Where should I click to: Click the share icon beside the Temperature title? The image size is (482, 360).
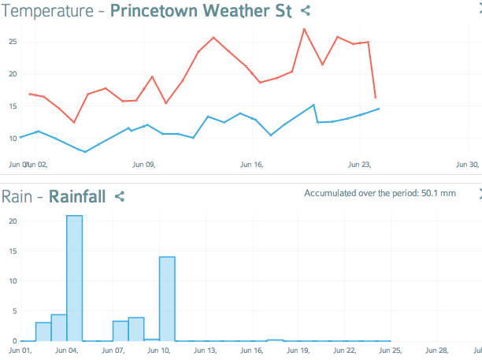pyautogui.click(x=306, y=11)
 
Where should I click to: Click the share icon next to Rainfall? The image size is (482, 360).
pyautogui.click(x=120, y=196)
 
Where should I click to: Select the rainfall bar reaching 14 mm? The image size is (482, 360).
pyautogui.click(x=167, y=299)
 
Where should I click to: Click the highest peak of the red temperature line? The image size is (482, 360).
pyautogui.click(x=304, y=29)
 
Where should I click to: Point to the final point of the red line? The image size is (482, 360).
pyautogui.click(x=376, y=98)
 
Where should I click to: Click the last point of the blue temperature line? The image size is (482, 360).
pyautogui.click(x=379, y=109)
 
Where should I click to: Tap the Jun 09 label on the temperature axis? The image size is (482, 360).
pyautogui.click(x=143, y=165)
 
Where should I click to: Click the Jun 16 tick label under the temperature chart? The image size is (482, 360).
pyautogui.click(x=251, y=165)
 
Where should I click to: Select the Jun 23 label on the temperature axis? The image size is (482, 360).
pyautogui.click(x=359, y=165)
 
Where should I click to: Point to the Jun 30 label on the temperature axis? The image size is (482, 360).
pyautogui.click(x=468, y=165)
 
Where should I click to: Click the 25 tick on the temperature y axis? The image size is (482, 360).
pyautogui.click(x=13, y=41)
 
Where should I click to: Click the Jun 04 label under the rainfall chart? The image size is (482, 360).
pyautogui.click(x=66, y=350)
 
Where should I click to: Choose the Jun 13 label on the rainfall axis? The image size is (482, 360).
pyautogui.click(x=205, y=350)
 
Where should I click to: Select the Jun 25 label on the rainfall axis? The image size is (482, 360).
pyautogui.click(x=391, y=350)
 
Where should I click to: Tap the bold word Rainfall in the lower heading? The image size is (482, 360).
pyautogui.click(x=77, y=196)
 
